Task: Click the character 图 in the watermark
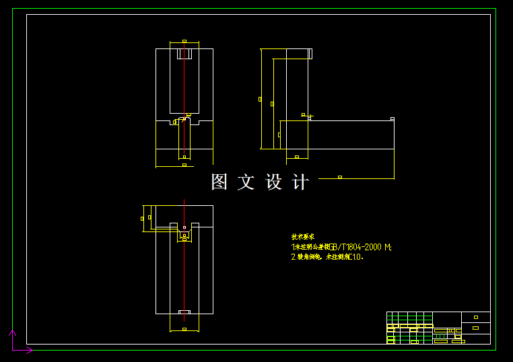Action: (219, 182)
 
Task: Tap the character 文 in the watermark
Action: (246, 182)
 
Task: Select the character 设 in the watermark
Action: (274, 182)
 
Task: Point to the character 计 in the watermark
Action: (301, 182)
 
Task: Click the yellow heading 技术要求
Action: (302, 237)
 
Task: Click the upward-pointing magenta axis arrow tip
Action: (12, 331)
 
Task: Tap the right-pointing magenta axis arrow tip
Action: (31, 350)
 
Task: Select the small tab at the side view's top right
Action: (310, 54)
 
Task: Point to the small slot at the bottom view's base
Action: (184, 312)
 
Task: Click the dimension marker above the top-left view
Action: (184, 41)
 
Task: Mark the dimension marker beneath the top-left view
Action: (184, 165)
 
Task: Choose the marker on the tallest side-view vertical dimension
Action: (260, 99)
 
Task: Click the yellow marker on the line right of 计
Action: (340, 177)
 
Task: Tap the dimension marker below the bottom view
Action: (184, 329)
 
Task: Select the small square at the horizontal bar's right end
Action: (392, 119)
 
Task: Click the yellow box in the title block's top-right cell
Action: (476, 317)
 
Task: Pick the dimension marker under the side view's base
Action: (297, 157)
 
